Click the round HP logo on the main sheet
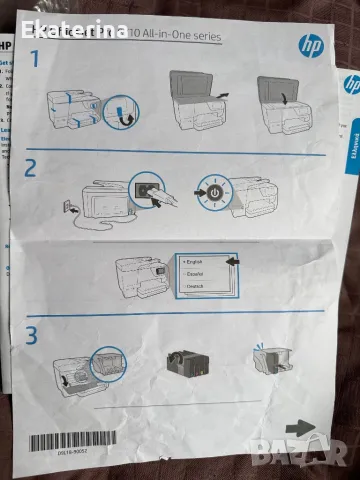[306, 44]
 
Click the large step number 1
[36, 59]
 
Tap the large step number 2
[32, 168]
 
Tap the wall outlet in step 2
[69, 209]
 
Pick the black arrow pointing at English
[232, 262]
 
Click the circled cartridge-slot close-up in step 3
[108, 365]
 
